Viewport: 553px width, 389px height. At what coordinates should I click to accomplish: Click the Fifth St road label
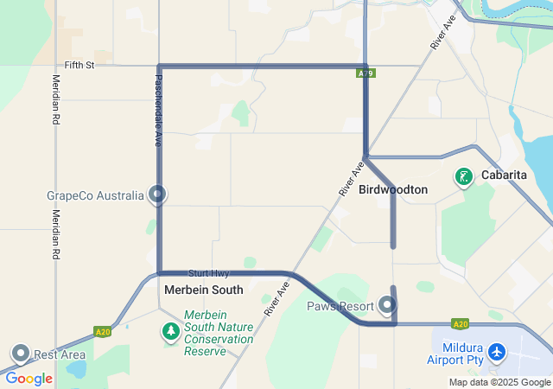tap(79, 65)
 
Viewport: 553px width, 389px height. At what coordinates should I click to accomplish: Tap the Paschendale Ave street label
tap(147, 98)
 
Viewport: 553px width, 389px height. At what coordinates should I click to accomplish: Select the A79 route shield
tap(365, 73)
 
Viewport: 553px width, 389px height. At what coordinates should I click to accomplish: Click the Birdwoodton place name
tap(393, 189)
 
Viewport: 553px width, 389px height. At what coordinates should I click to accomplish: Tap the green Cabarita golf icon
tap(464, 177)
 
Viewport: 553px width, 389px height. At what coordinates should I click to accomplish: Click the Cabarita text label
tap(504, 177)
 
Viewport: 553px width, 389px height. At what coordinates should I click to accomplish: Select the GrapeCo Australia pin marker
tap(156, 194)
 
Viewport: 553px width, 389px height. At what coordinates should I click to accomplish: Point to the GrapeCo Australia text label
tap(95, 195)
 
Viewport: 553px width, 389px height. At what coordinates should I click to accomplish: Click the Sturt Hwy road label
tap(208, 273)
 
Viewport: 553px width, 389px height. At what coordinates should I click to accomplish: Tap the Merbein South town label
tap(203, 290)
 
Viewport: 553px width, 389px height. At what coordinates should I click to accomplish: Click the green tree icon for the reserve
tap(171, 331)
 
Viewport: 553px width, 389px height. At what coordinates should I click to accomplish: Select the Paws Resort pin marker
tap(387, 305)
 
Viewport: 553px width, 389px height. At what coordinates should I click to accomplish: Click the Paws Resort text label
tap(340, 306)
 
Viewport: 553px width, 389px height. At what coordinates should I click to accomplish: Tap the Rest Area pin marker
tap(20, 353)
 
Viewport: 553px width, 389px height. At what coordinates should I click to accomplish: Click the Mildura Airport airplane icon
tap(496, 352)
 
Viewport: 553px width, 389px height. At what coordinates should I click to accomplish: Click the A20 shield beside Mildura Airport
tap(460, 324)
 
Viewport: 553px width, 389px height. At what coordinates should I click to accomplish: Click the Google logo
tap(29, 378)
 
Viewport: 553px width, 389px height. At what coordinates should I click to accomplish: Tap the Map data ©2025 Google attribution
tap(499, 382)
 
